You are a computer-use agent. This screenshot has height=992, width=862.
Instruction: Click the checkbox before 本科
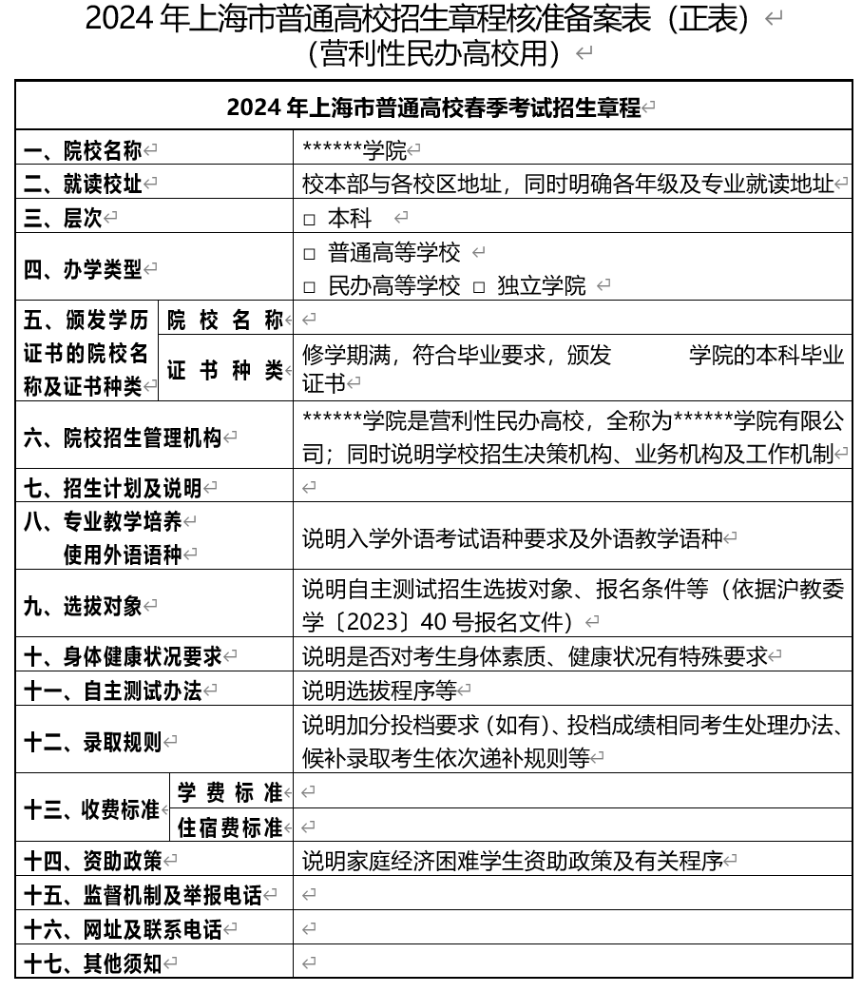(x=309, y=220)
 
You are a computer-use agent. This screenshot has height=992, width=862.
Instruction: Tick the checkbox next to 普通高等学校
(x=309, y=254)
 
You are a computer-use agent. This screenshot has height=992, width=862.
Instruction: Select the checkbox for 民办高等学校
(x=309, y=286)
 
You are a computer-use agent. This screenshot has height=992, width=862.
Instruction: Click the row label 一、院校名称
(x=83, y=150)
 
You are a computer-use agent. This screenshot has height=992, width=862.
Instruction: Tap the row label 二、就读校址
(x=83, y=184)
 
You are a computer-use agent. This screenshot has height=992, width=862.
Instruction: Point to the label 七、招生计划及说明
(x=113, y=488)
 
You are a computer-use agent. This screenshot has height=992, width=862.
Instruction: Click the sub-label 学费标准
(x=230, y=791)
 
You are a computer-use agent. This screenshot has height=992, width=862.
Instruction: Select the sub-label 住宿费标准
(x=230, y=827)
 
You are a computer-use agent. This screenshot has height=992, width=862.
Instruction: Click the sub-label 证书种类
(x=225, y=370)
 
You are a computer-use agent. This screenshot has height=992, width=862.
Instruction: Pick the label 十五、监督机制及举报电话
(x=143, y=895)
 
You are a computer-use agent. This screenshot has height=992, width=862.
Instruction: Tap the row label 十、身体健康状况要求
(x=123, y=655)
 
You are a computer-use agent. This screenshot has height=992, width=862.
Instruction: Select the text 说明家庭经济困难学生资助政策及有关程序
(x=511, y=861)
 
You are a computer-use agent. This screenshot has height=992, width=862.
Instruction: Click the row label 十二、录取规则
(x=93, y=741)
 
